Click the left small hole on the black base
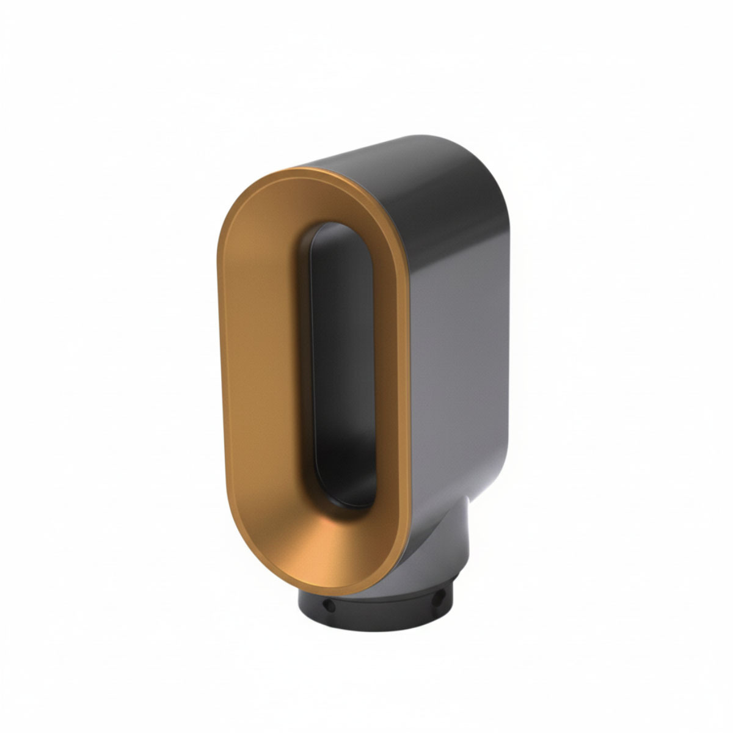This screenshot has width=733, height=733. tap(329, 605)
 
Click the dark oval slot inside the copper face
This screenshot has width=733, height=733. tap(342, 366)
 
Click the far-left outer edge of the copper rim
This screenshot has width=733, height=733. tap(219, 366)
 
